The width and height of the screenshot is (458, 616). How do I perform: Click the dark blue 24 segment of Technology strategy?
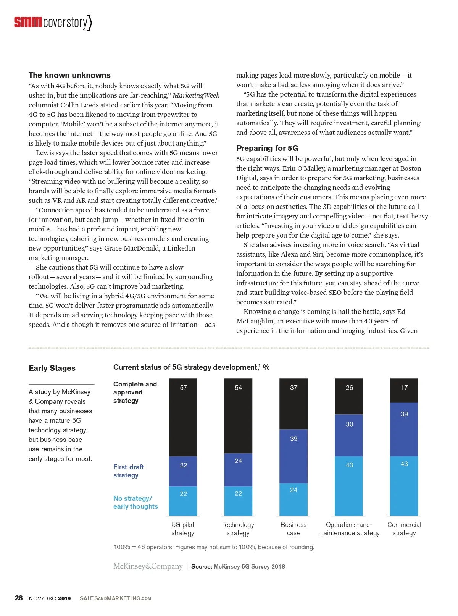(x=238, y=469)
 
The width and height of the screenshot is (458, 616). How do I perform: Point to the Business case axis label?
(x=294, y=529)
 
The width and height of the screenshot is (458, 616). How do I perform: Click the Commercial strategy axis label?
(x=404, y=529)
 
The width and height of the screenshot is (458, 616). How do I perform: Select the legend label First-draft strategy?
(x=129, y=471)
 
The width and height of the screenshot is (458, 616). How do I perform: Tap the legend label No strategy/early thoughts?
(x=135, y=502)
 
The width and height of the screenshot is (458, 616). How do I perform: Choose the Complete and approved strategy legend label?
(x=135, y=392)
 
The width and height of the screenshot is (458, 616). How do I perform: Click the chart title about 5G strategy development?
(x=191, y=367)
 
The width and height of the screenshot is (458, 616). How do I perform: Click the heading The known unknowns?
(x=69, y=75)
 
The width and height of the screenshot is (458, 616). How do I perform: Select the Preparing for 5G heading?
(x=267, y=148)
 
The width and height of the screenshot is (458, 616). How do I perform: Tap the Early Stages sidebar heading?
(x=52, y=368)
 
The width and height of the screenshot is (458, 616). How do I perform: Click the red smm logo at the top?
(x=28, y=22)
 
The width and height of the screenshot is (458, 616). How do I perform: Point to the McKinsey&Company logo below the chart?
(x=148, y=566)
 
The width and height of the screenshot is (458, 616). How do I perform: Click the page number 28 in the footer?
(x=19, y=598)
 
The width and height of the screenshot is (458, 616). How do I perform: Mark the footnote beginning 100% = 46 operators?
(x=213, y=547)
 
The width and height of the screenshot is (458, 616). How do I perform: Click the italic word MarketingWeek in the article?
(x=196, y=95)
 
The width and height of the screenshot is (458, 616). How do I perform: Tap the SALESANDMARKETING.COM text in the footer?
(x=115, y=598)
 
